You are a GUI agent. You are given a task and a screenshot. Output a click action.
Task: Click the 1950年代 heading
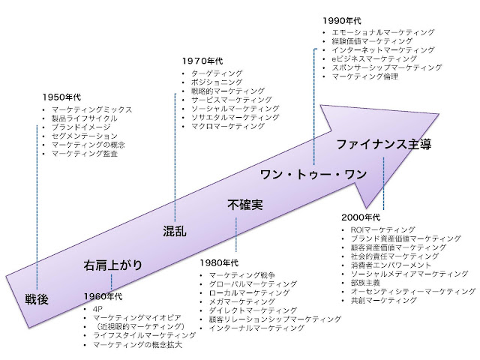(62, 97)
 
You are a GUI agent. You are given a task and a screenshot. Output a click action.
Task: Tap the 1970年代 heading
(200, 61)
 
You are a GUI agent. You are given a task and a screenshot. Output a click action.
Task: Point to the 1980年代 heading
(220, 263)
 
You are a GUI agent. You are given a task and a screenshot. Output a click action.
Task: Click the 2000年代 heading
(361, 217)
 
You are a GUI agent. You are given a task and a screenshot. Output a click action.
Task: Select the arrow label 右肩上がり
(112, 264)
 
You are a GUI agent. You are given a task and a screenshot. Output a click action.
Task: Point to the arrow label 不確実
(244, 204)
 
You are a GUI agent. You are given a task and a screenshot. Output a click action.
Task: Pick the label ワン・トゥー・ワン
(313, 175)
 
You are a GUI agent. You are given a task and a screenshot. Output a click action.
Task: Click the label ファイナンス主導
(383, 144)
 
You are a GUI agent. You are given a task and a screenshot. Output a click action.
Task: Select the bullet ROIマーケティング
(382, 229)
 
